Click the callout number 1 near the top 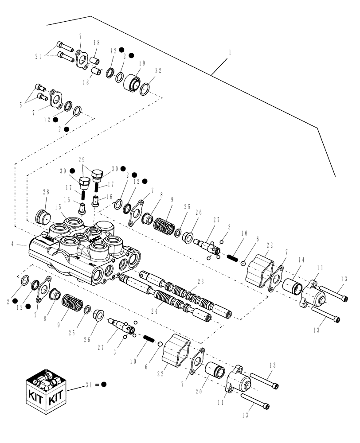(x=229, y=52)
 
